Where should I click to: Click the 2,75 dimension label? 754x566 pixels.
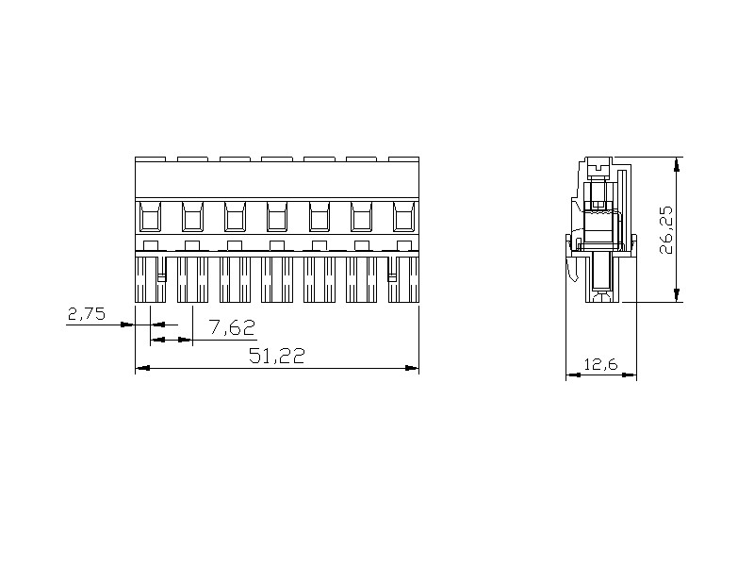87,315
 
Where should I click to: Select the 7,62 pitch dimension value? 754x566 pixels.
231,327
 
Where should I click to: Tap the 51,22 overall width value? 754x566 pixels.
276,356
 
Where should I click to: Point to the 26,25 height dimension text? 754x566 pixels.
667,230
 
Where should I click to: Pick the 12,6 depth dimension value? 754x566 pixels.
600,364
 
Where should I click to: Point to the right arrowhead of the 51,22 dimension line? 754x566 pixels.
412,368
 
